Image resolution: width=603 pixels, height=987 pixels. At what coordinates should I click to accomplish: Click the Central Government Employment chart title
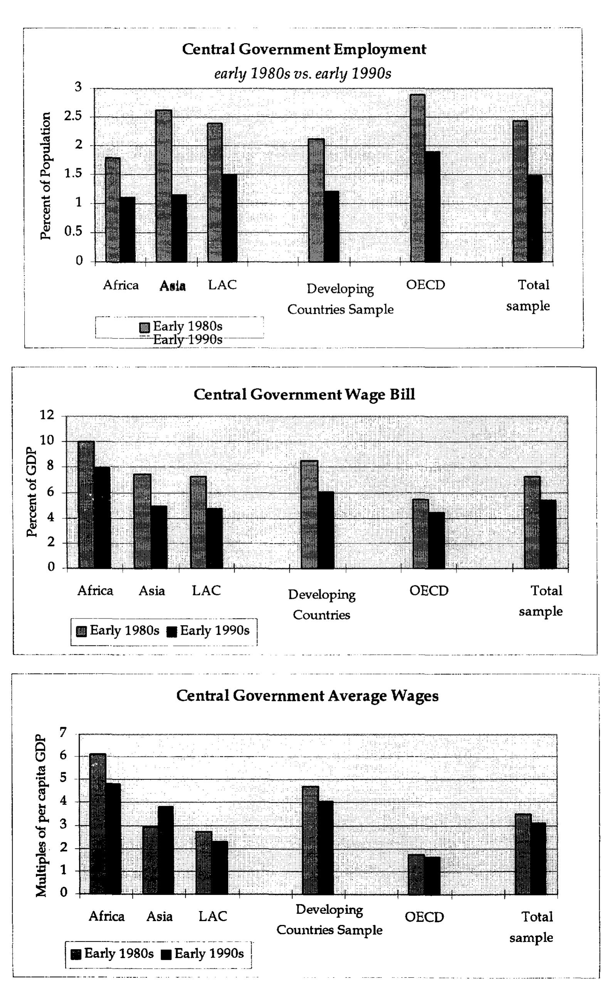coord(304,49)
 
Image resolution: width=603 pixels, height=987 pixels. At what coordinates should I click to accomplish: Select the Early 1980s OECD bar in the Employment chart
coord(417,178)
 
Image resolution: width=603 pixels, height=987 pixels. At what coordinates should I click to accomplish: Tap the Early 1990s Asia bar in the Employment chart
coord(179,228)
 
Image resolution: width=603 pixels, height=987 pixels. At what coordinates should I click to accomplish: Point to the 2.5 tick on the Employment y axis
coord(72,117)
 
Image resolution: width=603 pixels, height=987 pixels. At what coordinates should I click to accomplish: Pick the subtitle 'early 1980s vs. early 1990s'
coord(302,74)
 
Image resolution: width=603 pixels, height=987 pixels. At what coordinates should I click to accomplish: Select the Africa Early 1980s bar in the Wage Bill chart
coord(86,505)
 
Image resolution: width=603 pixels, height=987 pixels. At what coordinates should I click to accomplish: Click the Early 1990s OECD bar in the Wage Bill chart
coord(436,540)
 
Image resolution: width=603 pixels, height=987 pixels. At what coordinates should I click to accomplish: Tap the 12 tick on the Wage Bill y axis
coord(47,416)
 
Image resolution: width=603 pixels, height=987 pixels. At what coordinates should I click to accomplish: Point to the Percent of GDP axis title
coord(32,492)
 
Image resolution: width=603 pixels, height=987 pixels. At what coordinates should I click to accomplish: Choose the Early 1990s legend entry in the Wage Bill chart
coord(209,631)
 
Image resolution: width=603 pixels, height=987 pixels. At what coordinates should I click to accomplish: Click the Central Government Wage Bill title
coord(304,395)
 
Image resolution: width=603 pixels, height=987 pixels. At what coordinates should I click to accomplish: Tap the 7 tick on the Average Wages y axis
coord(63,732)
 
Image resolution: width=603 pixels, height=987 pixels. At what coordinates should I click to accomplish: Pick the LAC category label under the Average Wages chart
coord(213,916)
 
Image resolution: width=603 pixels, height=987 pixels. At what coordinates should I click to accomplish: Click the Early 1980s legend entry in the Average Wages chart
coord(113,953)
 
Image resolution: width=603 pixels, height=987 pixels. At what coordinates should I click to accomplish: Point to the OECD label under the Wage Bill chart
coord(429,591)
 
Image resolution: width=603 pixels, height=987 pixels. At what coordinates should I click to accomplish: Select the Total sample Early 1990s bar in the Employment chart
coord(534,218)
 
